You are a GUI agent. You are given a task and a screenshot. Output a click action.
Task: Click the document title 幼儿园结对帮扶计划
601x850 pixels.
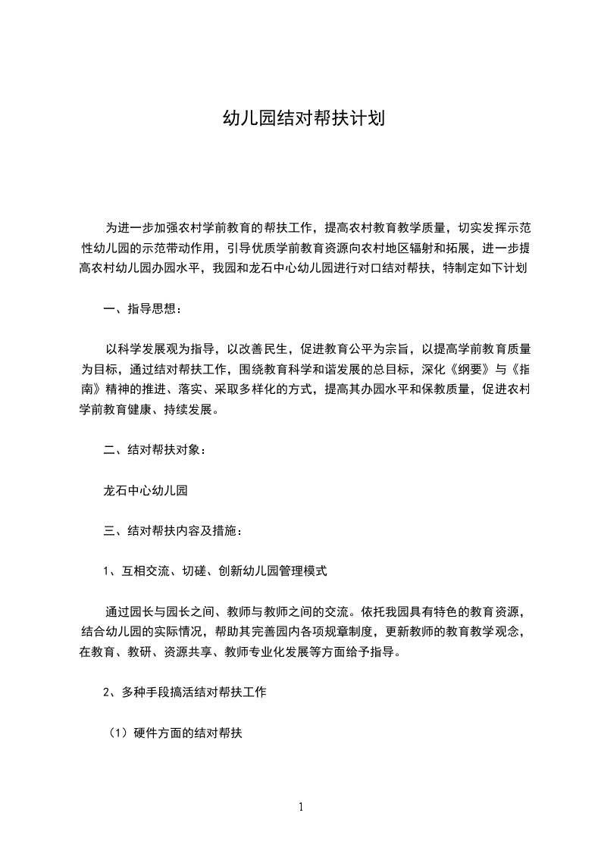point(301,120)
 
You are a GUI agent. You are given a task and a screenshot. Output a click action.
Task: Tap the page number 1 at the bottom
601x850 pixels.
point(301,807)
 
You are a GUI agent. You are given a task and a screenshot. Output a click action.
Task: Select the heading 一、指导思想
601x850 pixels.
point(142,308)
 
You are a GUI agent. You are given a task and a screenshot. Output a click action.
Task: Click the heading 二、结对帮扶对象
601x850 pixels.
point(154,450)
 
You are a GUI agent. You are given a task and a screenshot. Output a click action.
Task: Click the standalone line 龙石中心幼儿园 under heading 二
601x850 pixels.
point(146,490)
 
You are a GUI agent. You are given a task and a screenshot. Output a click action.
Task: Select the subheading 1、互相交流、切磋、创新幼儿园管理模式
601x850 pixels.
point(215,571)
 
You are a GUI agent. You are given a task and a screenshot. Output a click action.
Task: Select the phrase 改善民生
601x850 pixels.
point(269,349)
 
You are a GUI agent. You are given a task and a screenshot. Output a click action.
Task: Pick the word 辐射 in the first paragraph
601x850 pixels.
point(417,248)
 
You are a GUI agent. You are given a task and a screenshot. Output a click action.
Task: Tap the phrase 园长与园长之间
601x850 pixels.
point(174,612)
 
